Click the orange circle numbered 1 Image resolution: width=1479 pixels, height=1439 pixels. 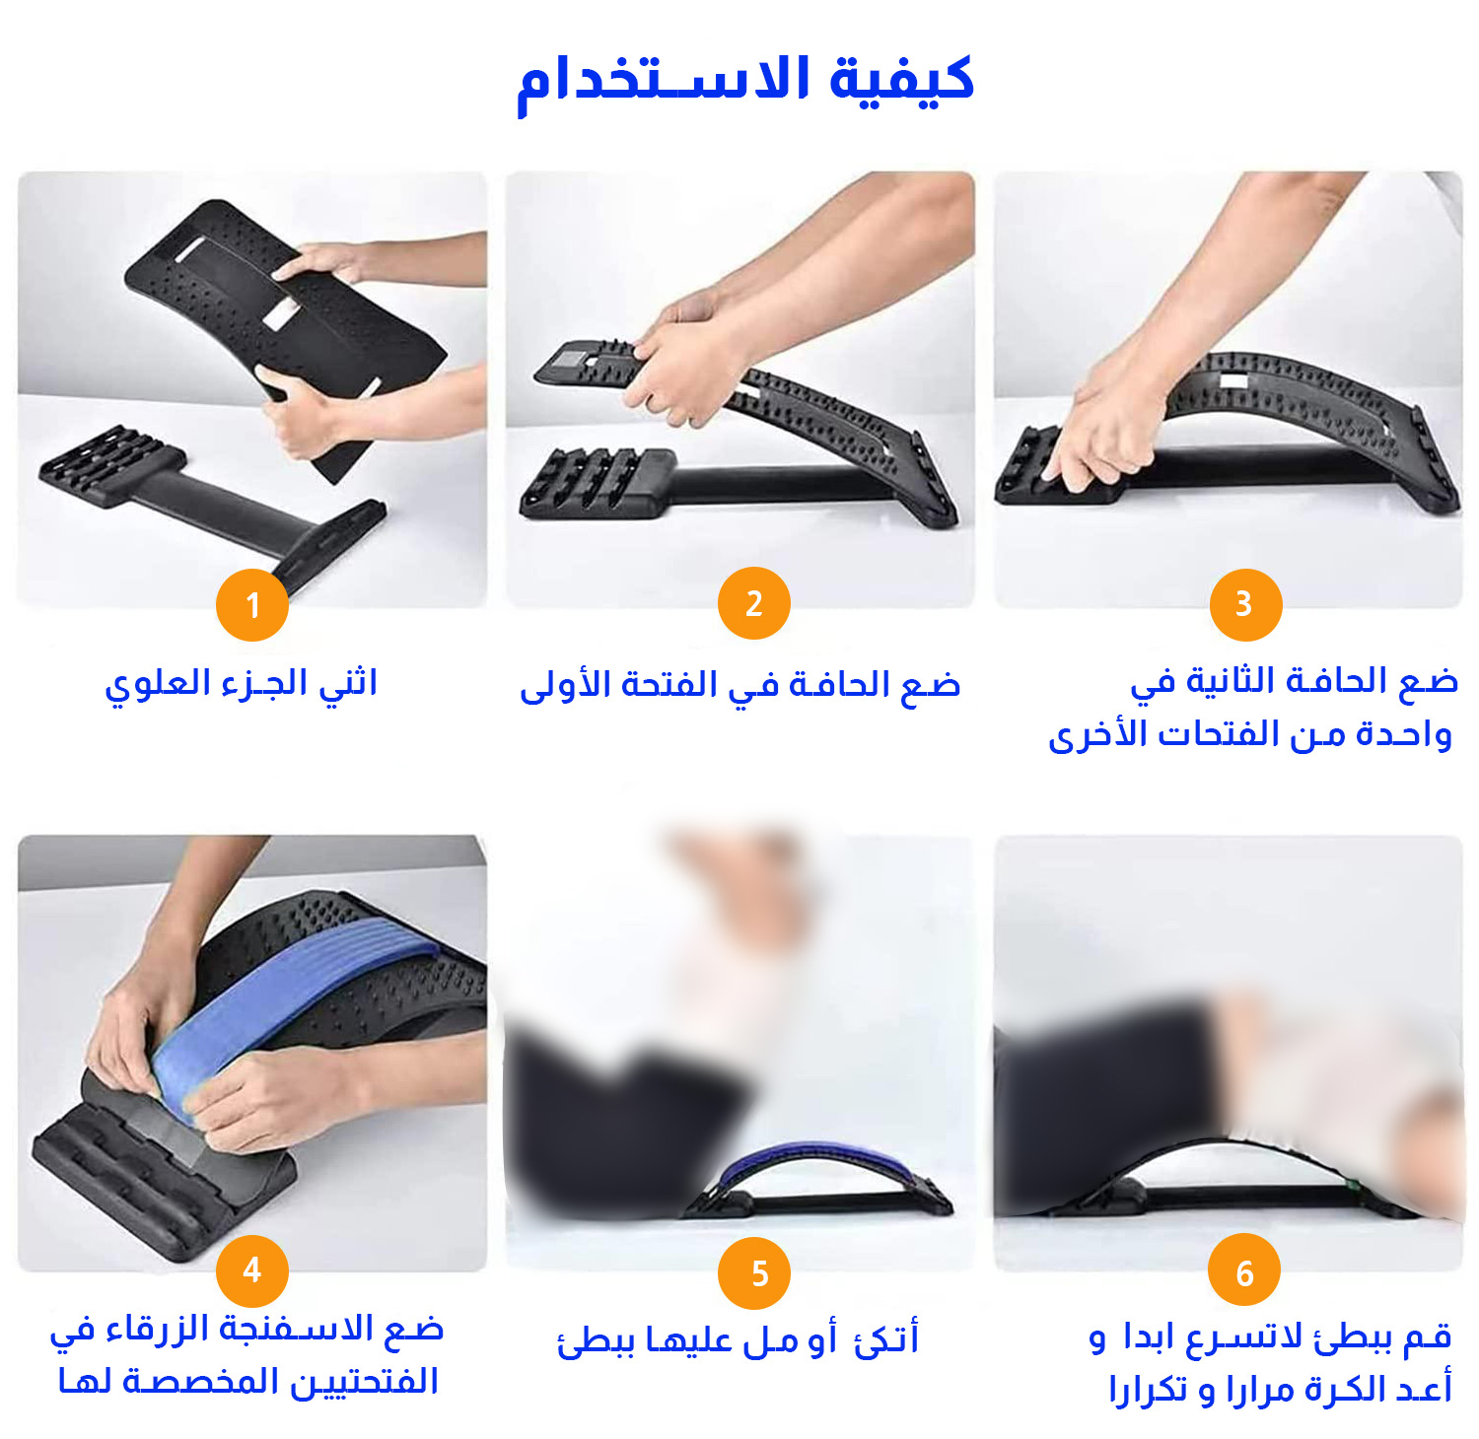tap(252, 604)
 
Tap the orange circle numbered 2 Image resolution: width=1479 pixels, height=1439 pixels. tap(754, 603)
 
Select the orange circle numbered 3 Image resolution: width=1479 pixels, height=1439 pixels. tap(1245, 604)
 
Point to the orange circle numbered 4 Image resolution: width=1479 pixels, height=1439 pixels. tap(252, 1270)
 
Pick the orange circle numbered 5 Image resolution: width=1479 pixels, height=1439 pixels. tap(754, 1273)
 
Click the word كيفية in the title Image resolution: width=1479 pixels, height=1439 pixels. tap(902, 79)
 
